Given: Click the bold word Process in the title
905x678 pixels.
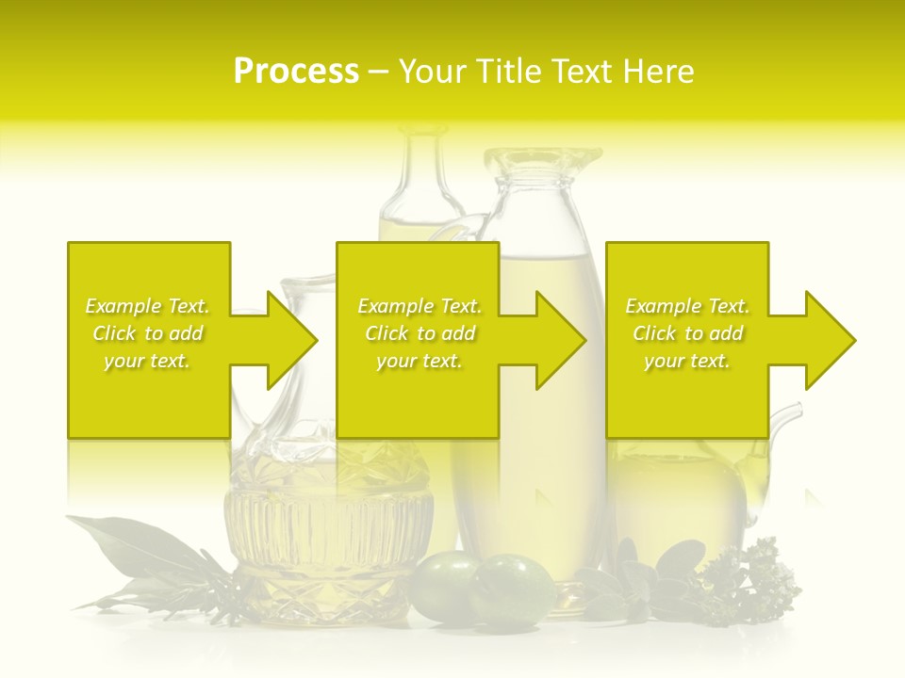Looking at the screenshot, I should [x=296, y=72].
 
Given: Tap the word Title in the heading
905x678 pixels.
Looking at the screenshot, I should [x=507, y=72].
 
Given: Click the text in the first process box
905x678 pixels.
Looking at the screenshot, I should [x=148, y=333].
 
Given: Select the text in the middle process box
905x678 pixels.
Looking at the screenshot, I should [x=420, y=333].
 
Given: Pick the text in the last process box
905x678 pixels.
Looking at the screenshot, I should [x=687, y=333].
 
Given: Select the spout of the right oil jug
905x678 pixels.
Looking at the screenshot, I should [x=787, y=414].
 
